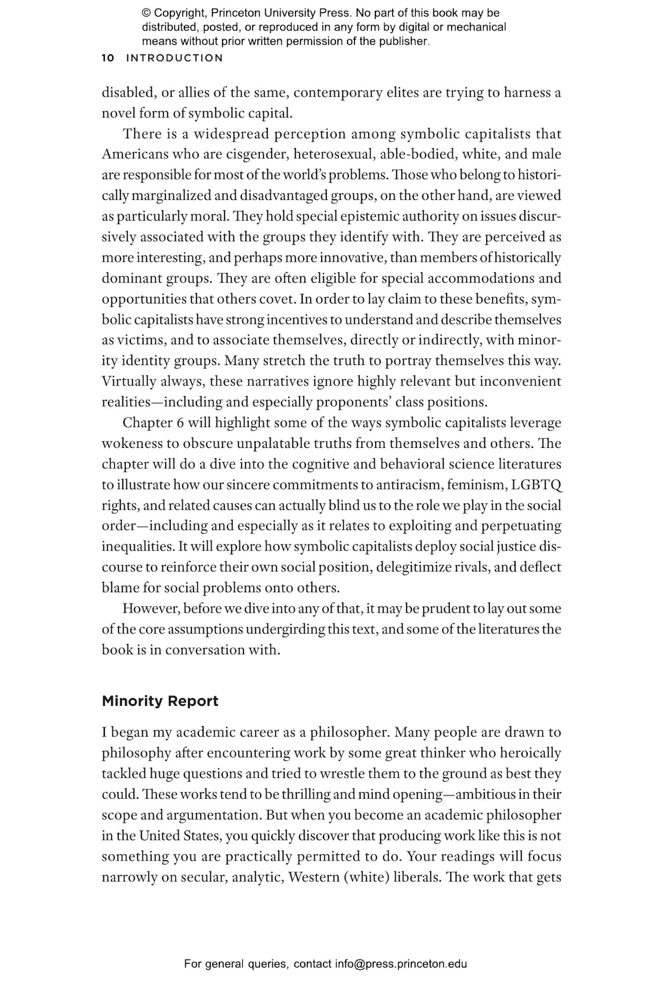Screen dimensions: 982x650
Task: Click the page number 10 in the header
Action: tap(107, 58)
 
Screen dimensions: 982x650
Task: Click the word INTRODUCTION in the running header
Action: tap(174, 58)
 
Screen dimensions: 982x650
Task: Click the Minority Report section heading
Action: tap(160, 701)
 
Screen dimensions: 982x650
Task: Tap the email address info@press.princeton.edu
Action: tap(400, 964)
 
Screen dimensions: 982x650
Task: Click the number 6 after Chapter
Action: tap(180, 423)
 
